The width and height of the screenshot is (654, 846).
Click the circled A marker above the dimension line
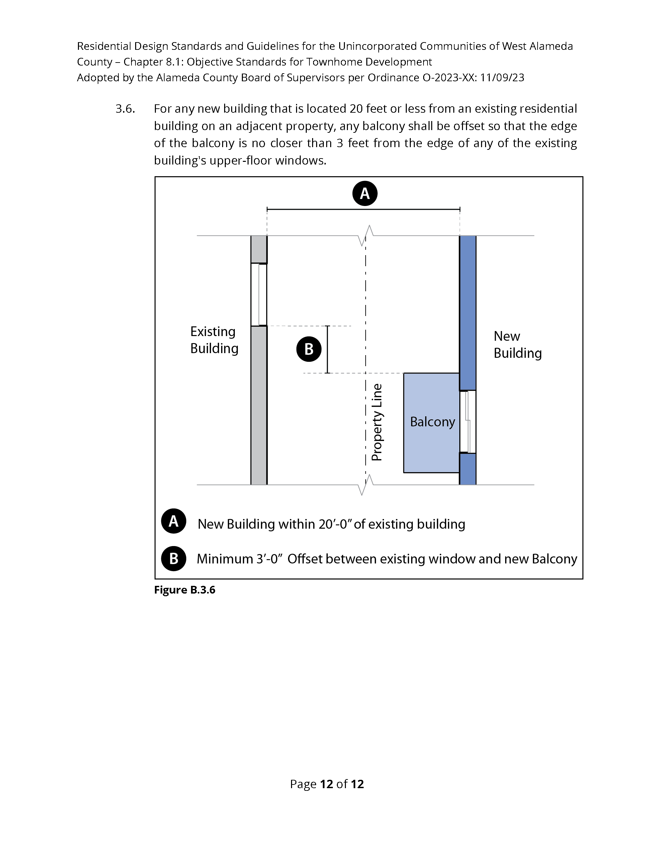365,193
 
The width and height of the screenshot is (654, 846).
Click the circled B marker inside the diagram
309,349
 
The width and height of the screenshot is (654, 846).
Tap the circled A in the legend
174,521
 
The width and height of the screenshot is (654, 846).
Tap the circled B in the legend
174,558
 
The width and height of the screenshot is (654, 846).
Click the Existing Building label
214,340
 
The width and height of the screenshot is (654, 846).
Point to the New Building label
517,345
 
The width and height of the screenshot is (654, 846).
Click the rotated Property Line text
377,422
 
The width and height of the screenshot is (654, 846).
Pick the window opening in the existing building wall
259,294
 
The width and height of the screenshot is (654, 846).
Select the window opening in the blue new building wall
468,421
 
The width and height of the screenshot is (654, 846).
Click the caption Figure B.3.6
184,590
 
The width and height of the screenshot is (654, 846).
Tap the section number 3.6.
125,109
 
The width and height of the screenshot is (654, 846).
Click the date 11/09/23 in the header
502,78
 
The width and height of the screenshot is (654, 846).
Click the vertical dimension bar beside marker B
328,349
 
